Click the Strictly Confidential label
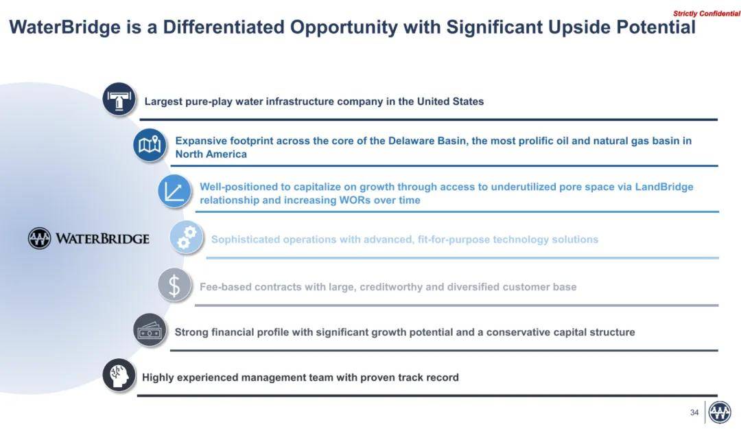[x=707, y=14]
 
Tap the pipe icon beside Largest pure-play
[x=119, y=100]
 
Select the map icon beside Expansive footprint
[x=150, y=145]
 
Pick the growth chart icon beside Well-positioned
[x=174, y=192]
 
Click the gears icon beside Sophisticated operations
[x=187, y=238]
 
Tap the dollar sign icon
[x=174, y=286]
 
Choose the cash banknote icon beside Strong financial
[x=150, y=330]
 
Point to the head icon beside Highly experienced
[x=119, y=375]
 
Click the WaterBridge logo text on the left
[x=102, y=239]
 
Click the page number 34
[x=694, y=413]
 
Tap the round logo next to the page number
[x=720, y=413]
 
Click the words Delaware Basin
[x=427, y=141]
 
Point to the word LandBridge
[x=664, y=187]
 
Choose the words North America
[x=211, y=154]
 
